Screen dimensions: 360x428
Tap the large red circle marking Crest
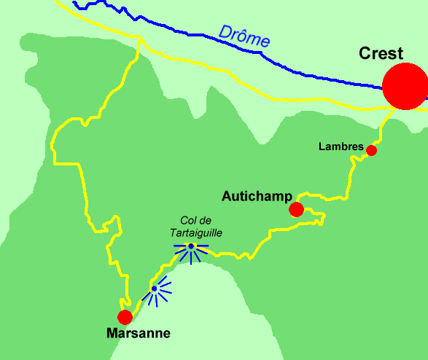(405, 87)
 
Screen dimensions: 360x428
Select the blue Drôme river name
(244, 37)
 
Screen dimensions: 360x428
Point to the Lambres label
(341, 146)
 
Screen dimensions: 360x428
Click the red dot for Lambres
(371, 150)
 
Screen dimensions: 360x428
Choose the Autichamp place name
(257, 196)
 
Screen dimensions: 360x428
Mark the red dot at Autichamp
(296, 210)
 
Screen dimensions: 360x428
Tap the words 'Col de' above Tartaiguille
(194, 221)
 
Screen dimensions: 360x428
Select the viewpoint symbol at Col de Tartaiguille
(190, 248)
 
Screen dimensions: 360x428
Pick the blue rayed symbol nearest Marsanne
(155, 289)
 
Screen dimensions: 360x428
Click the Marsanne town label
(138, 334)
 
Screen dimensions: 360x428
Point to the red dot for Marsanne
(125, 317)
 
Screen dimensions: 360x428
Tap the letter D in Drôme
(224, 31)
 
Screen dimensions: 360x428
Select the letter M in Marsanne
(112, 334)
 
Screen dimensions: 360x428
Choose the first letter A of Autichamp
(227, 196)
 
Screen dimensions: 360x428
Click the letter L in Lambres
(322, 146)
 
